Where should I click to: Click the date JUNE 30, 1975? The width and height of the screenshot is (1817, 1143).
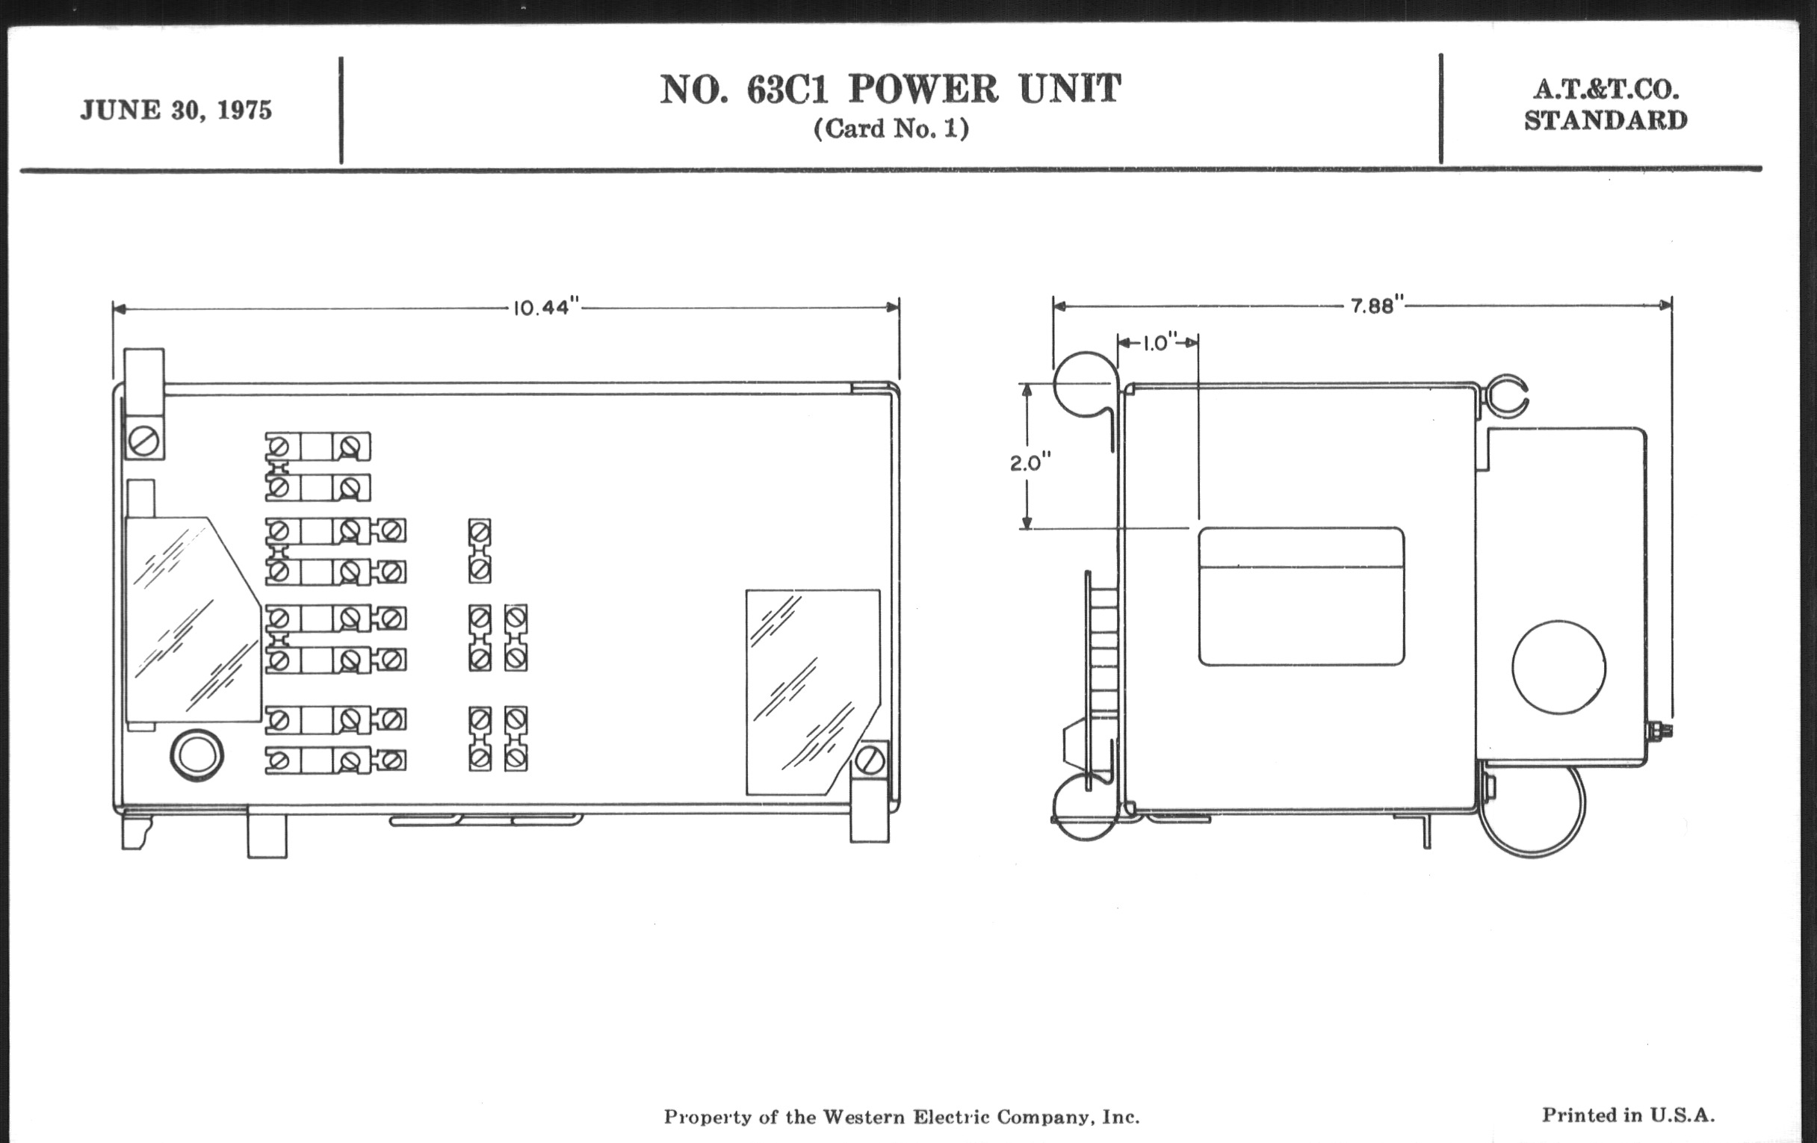click(176, 111)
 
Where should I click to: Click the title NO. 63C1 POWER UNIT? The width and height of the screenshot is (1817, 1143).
click(891, 89)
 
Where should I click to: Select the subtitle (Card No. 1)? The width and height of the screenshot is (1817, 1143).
click(891, 129)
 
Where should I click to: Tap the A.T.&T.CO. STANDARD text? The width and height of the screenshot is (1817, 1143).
click(1606, 105)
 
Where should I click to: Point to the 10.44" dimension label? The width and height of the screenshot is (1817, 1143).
click(546, 309)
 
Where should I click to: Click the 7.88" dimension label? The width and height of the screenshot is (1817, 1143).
click(1378, 306)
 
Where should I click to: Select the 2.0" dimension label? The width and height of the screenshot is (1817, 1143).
click(1031, 462)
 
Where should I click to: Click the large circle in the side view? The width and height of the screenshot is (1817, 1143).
click(1559, 667)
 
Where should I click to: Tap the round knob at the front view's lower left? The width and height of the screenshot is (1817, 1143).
click(197, 755)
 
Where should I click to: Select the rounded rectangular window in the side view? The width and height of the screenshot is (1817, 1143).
click(1301, 596)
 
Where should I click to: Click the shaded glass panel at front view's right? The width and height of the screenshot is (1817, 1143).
click(814, 692)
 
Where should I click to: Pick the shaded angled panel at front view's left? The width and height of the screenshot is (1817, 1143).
click(194, 619)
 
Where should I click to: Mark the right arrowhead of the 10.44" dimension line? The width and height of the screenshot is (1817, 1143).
click(893, 307)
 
